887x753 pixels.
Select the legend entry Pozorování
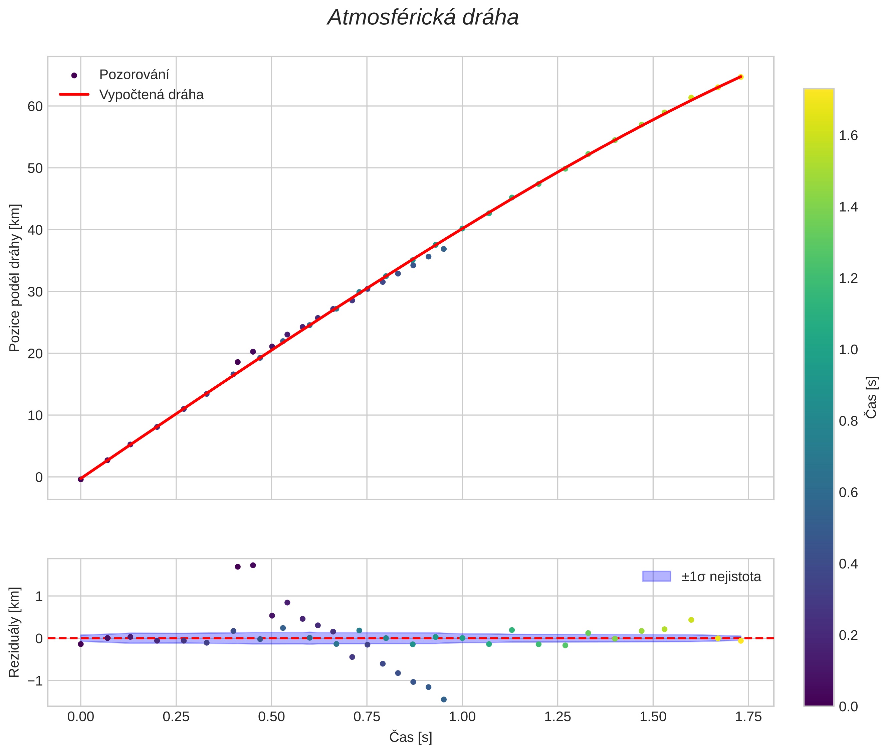[x=134, y=75]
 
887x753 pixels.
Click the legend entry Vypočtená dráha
[x=151, y=95]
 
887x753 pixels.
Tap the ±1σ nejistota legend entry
[x=721, y=577]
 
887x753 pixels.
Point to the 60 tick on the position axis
[x=35, y=106]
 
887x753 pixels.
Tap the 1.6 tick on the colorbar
[x=848, y=136]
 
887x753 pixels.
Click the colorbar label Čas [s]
[x=872, y=397]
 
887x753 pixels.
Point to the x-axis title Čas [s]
[x=410, y=737]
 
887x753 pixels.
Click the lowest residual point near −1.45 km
[x=443, y=699]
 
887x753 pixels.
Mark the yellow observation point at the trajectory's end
[x=741, y=77]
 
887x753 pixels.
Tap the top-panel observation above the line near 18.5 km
[x=238, y=362]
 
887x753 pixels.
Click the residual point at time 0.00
[x=80, y=644]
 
